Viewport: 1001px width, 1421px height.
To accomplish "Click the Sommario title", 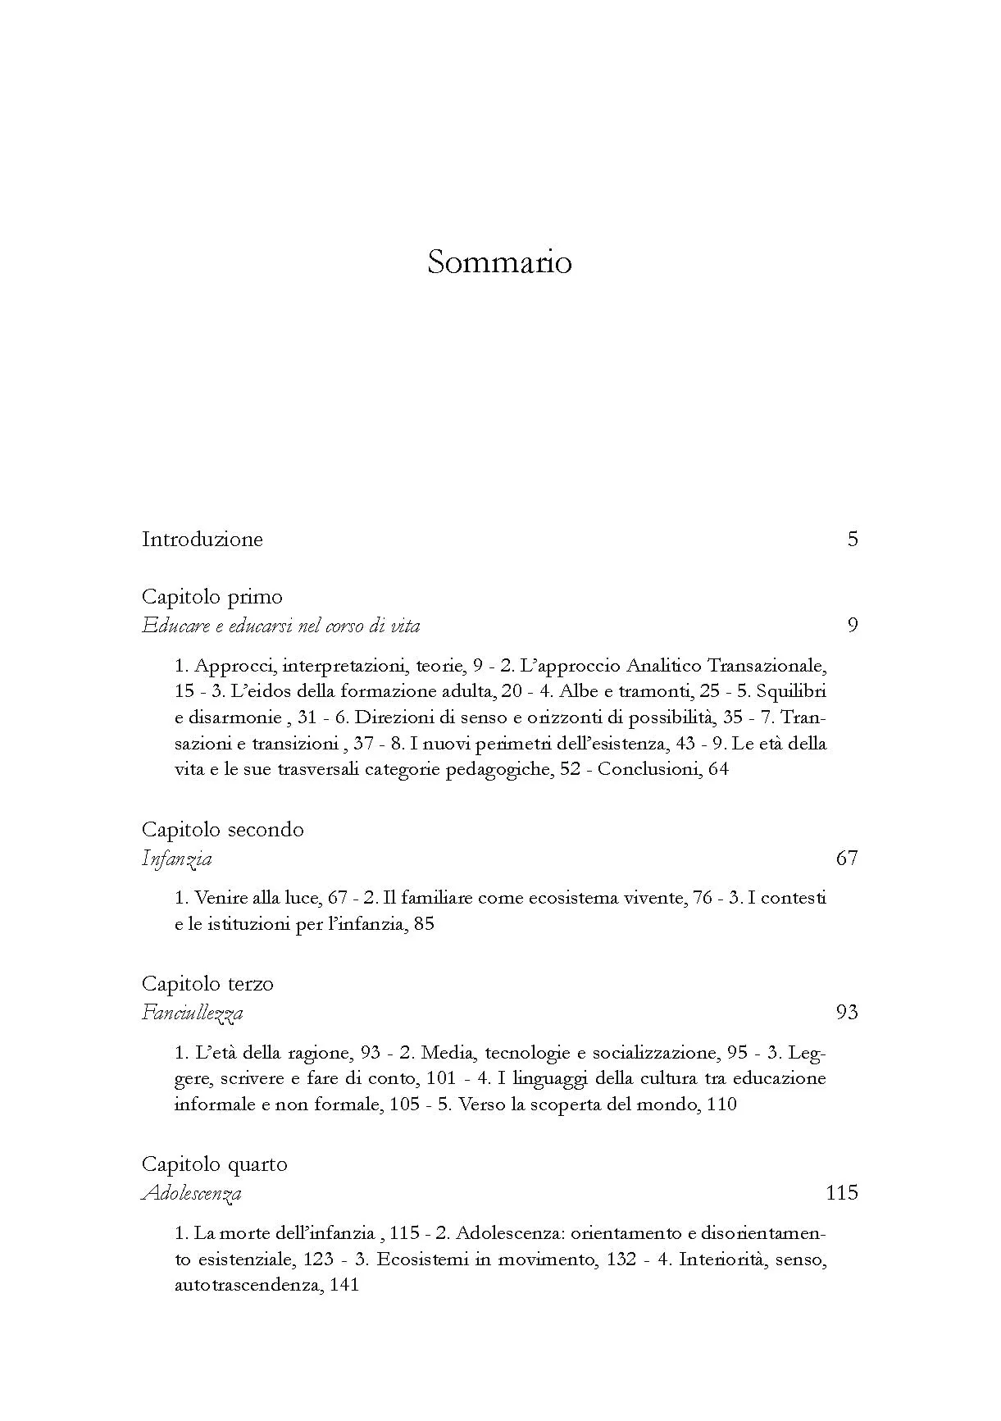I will [x=499, y=262].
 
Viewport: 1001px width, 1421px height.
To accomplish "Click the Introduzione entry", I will [x=202, y=540].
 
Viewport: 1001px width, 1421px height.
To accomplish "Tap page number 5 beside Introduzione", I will [x=853, y=540].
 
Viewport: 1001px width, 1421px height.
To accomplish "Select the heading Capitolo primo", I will [x=212, y=597].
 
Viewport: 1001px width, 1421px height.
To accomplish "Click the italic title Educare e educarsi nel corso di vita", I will [x=280, y=626].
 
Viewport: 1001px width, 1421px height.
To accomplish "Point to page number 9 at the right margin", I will [x=853, y=626].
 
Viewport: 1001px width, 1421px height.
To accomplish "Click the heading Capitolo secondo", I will [x=222, y=830].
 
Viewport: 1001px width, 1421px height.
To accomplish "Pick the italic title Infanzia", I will [x=176, y=859].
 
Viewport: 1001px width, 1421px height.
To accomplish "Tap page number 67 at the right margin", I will [x=847, y=859].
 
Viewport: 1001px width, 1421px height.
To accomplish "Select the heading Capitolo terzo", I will [x=207, y=984].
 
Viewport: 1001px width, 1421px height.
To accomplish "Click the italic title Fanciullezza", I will [x=192, y=1013].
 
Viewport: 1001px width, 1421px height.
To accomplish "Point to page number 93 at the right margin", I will [x=847, y=1013].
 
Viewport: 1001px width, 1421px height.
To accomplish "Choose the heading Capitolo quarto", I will [x=214, y=1164].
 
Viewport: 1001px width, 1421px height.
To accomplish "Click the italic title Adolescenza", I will [x=191, y=1194].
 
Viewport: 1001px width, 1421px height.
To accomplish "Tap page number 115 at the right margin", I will [x=842, y=1193].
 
